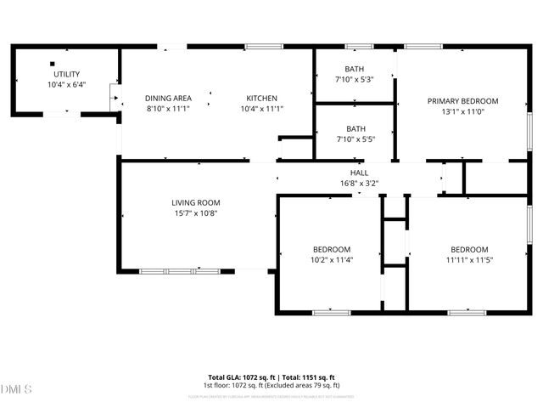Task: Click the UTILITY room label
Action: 65,74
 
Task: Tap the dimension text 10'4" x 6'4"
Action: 65,85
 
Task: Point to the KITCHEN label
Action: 262,98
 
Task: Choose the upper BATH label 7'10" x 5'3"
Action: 354,69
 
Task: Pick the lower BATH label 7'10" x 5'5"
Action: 355,129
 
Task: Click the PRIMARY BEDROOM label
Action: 462,100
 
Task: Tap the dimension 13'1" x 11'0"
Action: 462,111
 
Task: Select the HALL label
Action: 359,173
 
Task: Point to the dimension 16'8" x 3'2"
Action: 359,183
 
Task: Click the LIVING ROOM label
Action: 196,202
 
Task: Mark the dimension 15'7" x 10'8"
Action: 196,213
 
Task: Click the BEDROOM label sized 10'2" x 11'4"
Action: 327,249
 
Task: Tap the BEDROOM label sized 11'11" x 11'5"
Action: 469,249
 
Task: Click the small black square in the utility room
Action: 52,63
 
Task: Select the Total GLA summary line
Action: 272,377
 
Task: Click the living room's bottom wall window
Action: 179,271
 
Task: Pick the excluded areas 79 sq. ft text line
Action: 272,385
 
